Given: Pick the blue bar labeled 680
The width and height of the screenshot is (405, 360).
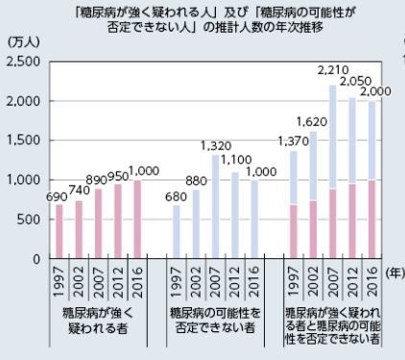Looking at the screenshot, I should [x=175, y=231].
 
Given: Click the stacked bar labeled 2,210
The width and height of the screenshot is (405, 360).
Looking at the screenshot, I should [x=332, y=172].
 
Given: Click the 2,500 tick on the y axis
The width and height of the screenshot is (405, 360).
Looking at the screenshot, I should [x=23, y=61].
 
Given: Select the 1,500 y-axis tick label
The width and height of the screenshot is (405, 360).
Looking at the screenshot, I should [x=23, y=141].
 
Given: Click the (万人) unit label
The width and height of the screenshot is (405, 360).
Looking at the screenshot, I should [x=21, y=43].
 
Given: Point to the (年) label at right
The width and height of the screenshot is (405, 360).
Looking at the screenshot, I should [x=393, y=274].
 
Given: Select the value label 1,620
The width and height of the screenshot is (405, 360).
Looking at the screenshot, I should [x=313, y=122].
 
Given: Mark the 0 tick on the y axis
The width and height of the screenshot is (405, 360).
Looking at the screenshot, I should [x=36, y=259].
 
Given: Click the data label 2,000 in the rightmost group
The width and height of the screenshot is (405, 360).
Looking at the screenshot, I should [x=377, y=91].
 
